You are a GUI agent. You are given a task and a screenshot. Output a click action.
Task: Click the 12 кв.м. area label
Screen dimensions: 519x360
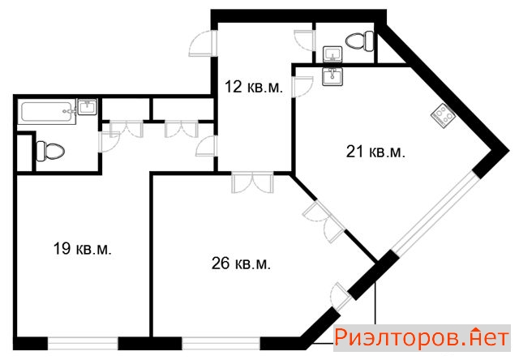(254, 87)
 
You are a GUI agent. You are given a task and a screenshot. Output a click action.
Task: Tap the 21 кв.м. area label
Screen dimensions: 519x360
(375, 152)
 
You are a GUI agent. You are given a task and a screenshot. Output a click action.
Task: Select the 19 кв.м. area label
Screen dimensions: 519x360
(83, 248)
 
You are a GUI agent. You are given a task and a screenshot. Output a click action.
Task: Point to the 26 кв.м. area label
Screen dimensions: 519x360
(241, 264)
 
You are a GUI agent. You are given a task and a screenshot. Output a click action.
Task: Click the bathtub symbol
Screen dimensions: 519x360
(49, 112)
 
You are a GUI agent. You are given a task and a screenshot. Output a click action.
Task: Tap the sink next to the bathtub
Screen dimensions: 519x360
(87, 107)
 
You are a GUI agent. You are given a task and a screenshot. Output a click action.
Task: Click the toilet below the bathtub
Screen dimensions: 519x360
(50, 151)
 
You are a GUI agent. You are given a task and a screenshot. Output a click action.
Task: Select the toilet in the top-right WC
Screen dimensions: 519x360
(360, 41)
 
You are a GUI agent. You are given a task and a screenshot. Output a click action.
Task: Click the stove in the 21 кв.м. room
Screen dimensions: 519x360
(443, 116)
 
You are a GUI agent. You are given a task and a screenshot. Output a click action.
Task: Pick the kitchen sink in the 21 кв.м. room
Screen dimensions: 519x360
(332, 77)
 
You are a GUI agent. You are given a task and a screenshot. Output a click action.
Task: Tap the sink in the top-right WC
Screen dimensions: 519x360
(332, 54)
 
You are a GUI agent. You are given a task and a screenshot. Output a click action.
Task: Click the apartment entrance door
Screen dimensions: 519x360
(203, 43)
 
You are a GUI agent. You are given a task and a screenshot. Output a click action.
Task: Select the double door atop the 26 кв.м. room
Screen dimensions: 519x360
(253, 182)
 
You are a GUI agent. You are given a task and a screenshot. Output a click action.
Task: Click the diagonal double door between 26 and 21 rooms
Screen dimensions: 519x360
(324, 221)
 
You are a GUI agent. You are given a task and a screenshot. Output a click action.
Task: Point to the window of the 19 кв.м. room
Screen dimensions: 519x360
(83, 343)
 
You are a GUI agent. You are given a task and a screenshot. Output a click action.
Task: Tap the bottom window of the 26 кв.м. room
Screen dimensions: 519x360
(221, 343)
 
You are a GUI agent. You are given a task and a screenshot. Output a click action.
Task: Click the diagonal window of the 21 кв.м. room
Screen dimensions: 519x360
(435, 214)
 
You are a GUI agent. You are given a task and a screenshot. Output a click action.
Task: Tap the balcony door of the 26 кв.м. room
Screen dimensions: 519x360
(341, 297)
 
